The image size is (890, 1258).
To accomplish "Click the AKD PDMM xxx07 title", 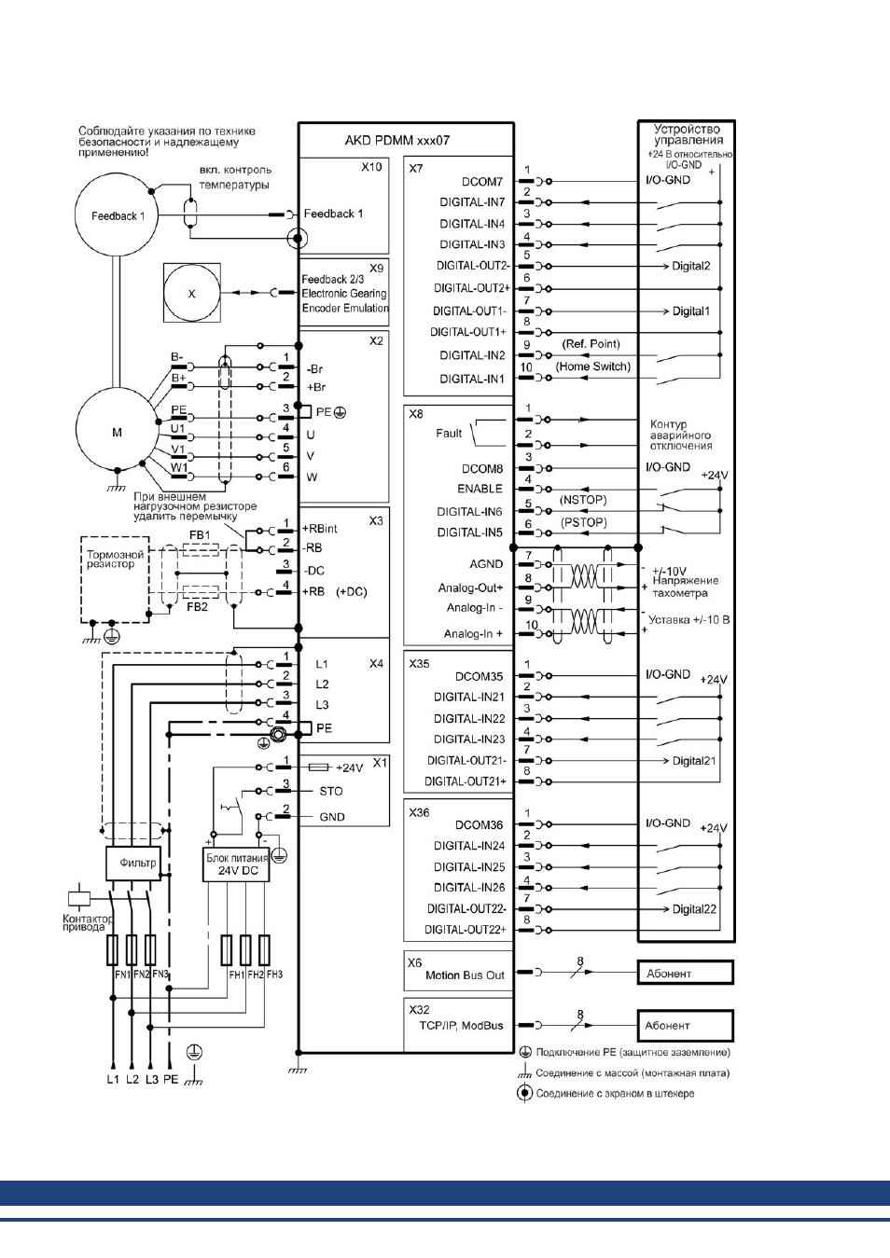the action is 397,141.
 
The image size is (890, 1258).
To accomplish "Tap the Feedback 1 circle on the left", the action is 117,215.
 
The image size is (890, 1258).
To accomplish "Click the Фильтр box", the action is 133,864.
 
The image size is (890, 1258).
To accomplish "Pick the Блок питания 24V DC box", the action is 237,864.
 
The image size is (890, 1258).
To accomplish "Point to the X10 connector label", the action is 371,167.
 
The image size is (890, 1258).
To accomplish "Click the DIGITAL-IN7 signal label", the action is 472,202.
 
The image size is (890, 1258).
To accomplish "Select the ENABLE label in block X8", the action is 480,490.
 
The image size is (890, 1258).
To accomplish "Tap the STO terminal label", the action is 331,792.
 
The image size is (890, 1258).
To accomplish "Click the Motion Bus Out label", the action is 466,975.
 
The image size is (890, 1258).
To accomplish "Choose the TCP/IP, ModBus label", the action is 461,1026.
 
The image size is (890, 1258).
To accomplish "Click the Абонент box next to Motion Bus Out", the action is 686,973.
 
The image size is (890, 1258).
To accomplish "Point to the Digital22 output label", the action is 694,909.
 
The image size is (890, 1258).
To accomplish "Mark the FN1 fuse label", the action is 122,975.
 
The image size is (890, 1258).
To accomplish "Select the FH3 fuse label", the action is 275,975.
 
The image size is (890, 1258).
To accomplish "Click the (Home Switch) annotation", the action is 593,366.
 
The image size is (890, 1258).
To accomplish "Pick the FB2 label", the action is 198,606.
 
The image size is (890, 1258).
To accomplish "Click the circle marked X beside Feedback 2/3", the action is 192,293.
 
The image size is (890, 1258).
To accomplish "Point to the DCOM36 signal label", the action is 480,825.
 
